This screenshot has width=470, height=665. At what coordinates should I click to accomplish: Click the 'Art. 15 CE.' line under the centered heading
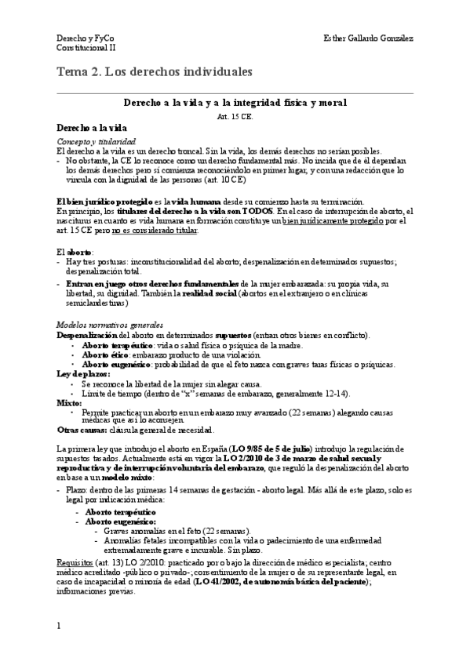click(235, 115)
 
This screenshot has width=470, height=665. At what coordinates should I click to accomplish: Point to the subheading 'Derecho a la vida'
click(93, 127)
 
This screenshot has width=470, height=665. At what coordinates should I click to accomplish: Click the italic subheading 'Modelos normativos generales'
click(110, 325)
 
